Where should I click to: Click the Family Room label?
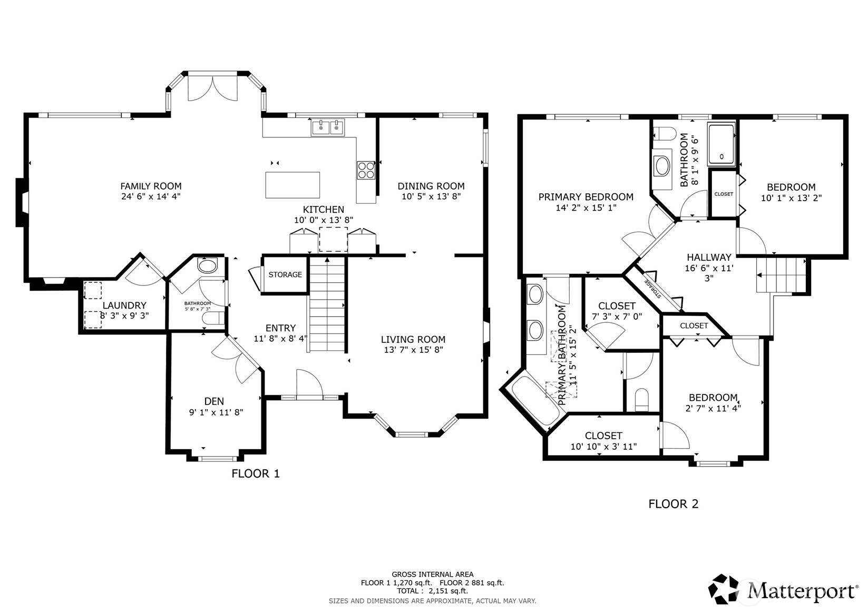click(151, 186)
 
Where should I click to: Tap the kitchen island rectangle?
click(292, 185)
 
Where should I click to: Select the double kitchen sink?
click(327, 127)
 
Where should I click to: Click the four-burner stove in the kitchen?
click(366, 170)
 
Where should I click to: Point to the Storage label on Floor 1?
click(285, 274)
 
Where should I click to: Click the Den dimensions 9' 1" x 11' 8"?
click(216, 413)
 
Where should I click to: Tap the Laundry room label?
click(124, 305)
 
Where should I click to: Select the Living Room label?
click(413, 339)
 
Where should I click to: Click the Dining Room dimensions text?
click(431, 196)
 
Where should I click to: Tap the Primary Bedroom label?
click(586, 197)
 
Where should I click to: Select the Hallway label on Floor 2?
click(709, 257)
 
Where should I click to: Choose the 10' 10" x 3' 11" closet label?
click(603, 446)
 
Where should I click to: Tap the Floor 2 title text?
click(673, 504)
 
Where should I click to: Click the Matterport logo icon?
click(725, 589)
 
